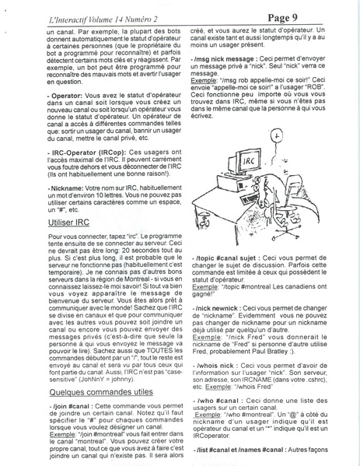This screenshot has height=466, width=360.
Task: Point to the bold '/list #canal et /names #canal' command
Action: pyautogui.click(x=249, y=450)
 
